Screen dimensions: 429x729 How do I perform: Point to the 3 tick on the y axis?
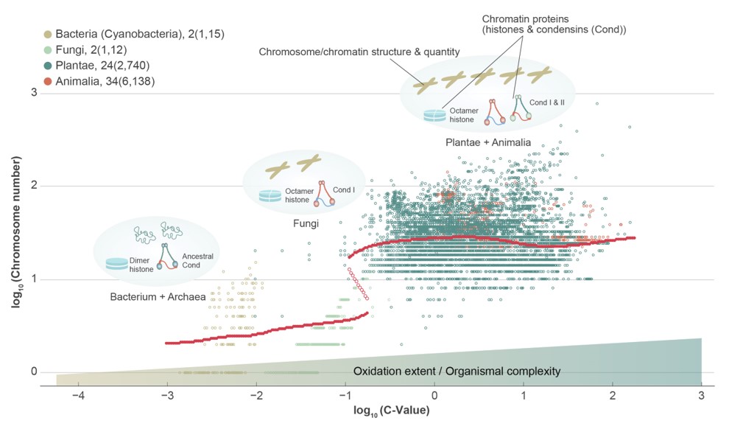coord(33,93)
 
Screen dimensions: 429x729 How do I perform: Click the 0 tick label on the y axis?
coord(33,372)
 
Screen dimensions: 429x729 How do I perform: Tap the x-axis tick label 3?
coord(701,397)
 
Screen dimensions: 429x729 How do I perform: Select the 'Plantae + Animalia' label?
coord(487,142)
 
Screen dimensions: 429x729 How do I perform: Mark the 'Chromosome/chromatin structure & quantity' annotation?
coord(359,52)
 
